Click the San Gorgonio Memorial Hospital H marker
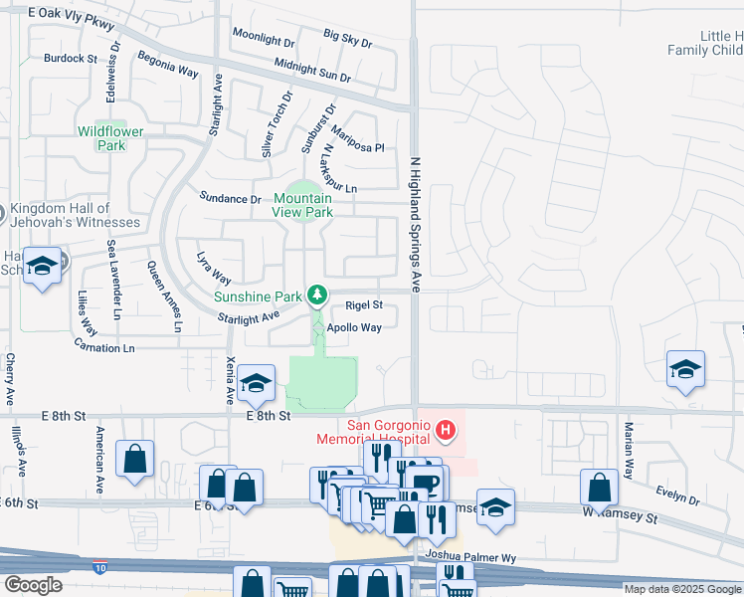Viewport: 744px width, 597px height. (x=447, y=431)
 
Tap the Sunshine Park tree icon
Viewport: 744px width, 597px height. (x=317, y=294)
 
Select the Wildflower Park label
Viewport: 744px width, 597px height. (x=110, y=138)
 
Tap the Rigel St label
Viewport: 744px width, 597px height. (x=363, y=305)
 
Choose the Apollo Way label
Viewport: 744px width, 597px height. (x=356, y=327)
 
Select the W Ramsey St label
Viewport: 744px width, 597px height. (x=623, y=518)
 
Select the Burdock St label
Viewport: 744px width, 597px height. (x=71, y=59)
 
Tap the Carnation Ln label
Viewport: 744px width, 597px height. (x=103, y=347)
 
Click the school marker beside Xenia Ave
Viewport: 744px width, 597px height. (x=256, y=385)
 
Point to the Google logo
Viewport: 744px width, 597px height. (x=34, y=585)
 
